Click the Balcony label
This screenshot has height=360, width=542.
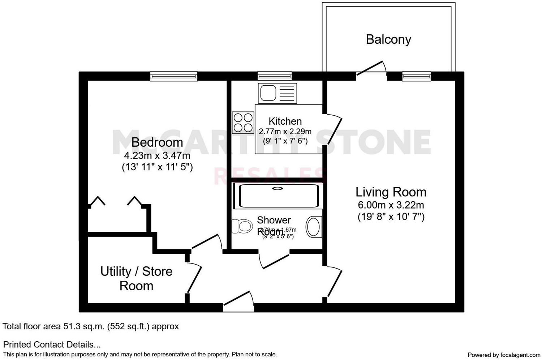[388, 39]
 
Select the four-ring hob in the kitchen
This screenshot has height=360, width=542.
[243, 123]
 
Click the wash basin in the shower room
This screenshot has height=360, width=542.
[314, 227]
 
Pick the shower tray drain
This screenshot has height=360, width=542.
[278, 188]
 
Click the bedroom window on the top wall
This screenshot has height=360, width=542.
[174, 76]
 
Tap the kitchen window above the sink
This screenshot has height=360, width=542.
[275, 76]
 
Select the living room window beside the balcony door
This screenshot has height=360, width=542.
[416, 76]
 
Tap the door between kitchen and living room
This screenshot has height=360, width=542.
[333, 130]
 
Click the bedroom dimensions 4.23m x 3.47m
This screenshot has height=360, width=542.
[157, 156]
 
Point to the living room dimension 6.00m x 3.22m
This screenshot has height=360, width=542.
[391, 205]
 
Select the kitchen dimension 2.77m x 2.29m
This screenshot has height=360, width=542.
[285, 131]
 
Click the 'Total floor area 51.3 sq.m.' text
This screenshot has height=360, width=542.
[91, 326]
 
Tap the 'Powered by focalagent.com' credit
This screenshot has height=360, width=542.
[504, 355]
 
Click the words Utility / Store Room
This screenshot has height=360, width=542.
[136, 278]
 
